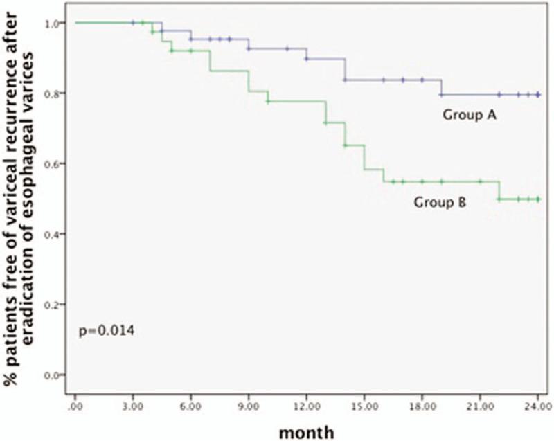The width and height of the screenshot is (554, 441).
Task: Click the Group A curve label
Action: (472, 114)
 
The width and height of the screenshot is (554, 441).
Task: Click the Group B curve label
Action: (443, 202)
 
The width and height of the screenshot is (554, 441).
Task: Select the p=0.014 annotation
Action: (105, 332)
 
